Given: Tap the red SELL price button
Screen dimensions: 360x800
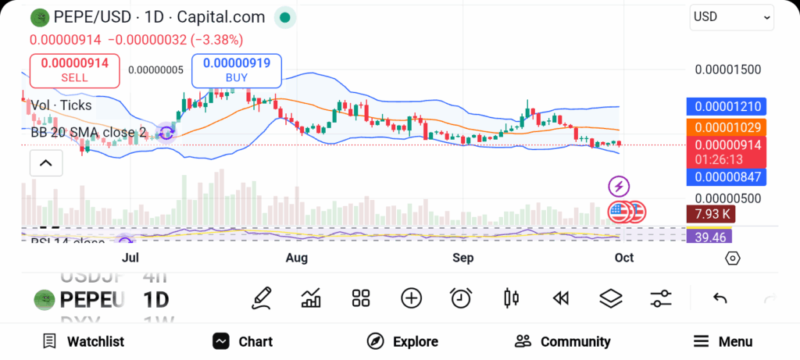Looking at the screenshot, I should tap(74, 70).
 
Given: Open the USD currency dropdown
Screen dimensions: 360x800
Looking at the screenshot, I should tap(730, 17).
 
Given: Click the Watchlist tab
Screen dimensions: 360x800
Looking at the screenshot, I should tap(83, 341).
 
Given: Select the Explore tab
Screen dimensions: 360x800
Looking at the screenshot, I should tap(402, 341).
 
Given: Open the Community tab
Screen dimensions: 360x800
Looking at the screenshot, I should tap(562, 341).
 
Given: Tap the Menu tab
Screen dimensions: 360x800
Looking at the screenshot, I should tap(723, 341).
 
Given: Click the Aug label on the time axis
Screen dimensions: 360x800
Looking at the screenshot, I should tap(297, 258).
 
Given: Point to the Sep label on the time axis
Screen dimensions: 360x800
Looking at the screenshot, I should tap(463, 258).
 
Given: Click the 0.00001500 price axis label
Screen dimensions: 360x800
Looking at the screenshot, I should tap(727, 70).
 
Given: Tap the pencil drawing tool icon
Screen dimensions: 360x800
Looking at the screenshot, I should tap(262, 298).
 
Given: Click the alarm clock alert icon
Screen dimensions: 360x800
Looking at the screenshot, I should tap(461, 298).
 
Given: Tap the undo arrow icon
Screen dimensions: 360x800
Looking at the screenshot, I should tap(720, 298).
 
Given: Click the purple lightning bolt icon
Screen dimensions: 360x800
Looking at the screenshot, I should tap(619, 186).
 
